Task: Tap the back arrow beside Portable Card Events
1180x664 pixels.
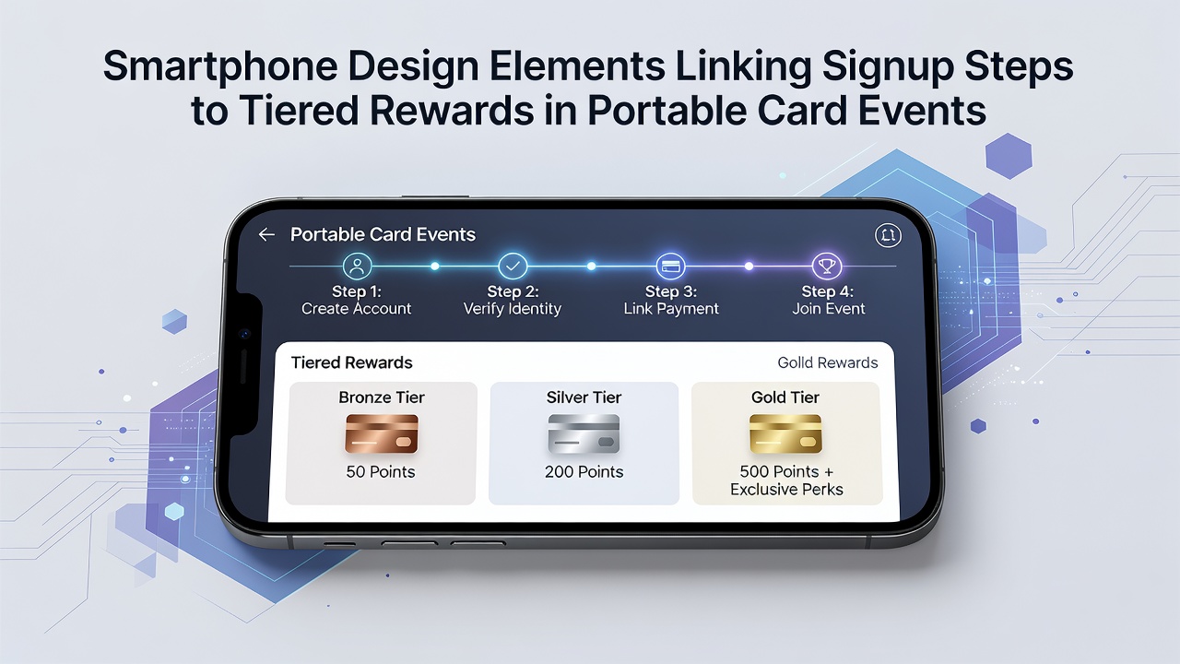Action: [266, 234]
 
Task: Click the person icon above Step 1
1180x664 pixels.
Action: [357, 266]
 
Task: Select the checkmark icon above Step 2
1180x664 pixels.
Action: [513, 266]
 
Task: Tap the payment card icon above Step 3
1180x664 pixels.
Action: [670, 267]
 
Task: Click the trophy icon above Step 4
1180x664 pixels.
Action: [827, 267]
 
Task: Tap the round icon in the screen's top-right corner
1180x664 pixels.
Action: [888, 235]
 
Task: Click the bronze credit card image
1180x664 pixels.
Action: [382, 433]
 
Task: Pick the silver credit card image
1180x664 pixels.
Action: [584, 433]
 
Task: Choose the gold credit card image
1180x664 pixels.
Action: [785, 433]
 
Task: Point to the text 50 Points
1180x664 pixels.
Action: [381, 471]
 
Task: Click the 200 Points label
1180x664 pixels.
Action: [584, 471]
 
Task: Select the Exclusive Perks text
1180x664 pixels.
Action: [786, 490]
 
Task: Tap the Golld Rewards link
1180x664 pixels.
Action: [828, 362]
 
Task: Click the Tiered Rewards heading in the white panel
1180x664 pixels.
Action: [351, 362]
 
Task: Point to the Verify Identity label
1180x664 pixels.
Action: [512, 308]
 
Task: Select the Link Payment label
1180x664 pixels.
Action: [671, 308]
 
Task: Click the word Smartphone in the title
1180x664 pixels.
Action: [220, 67]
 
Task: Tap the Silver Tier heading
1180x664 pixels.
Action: [584, 397]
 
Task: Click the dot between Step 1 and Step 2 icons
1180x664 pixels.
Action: [434, 267]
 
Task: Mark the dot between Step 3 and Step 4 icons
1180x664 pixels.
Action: [749, 267]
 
